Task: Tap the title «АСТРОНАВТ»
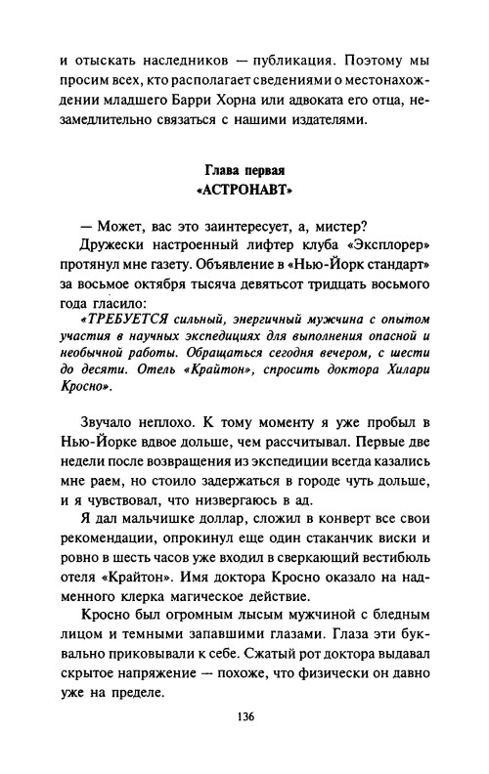pyautogui.click(x=244, y=190)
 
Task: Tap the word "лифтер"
pyautogui.click(x=243, y=251)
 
